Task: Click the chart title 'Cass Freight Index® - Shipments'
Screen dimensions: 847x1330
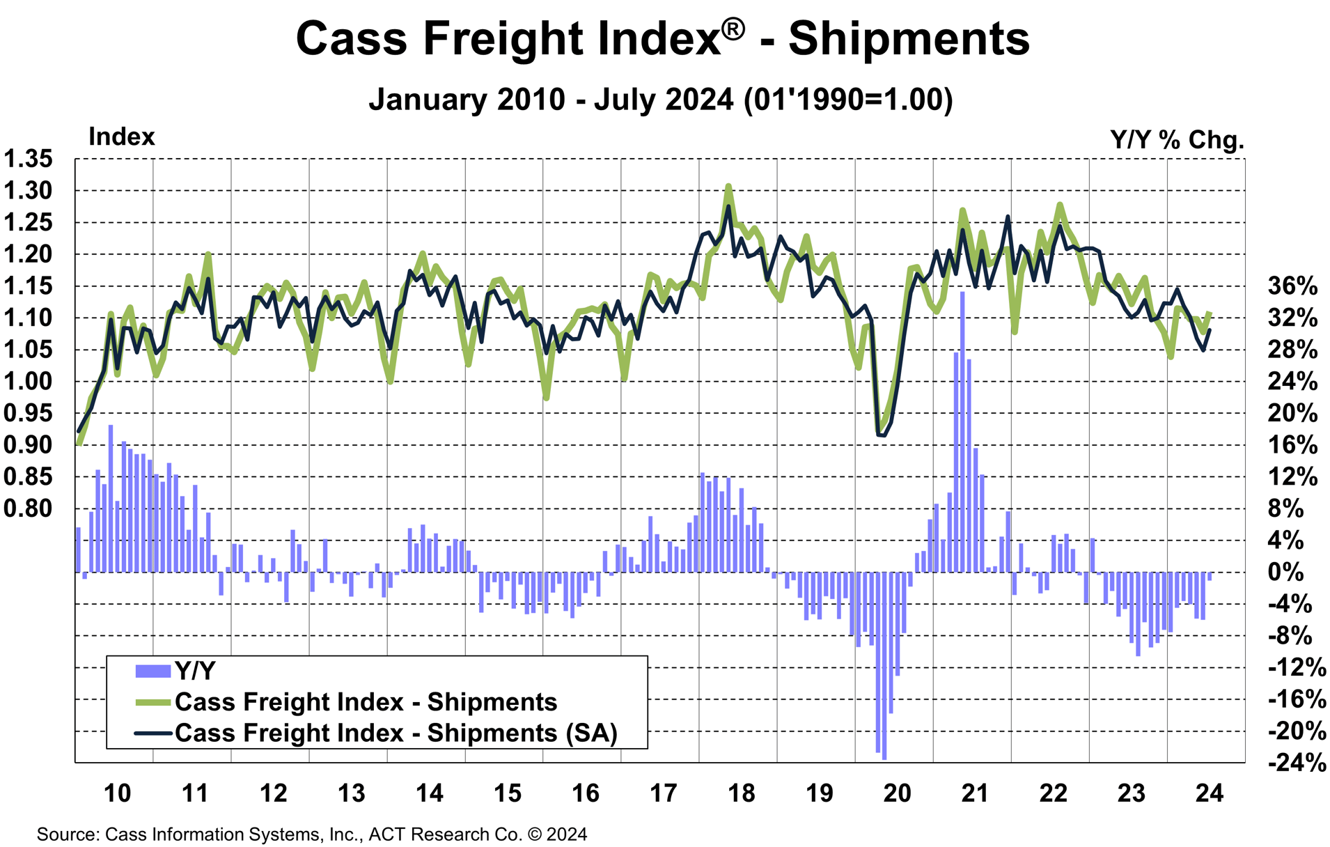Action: [662, 38]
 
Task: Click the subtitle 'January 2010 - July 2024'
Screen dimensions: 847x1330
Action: [550, 99]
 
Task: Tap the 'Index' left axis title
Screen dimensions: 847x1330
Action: [121, 137]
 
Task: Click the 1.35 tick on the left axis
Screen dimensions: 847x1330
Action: [28, 159]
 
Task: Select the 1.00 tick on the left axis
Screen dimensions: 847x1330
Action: [28, 381]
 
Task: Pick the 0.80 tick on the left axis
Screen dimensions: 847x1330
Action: [28, 508]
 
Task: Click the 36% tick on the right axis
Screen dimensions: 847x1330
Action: [1292, 286]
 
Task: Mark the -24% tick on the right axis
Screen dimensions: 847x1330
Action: [1297, 763]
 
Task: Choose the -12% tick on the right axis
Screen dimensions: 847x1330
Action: [1297, 667]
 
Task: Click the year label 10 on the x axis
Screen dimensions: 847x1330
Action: [117, 793]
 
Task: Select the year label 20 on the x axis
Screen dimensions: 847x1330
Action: [897, 793]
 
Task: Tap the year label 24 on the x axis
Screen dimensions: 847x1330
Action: [1209, 793]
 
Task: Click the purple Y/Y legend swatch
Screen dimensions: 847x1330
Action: [152, 671]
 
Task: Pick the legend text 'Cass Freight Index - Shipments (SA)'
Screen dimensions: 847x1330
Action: [396, 733]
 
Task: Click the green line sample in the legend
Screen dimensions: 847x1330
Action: [152, 702]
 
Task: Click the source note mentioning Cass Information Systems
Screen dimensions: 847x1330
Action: [312, 834]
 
